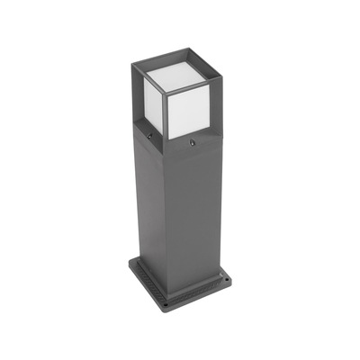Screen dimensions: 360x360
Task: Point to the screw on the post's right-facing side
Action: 192,141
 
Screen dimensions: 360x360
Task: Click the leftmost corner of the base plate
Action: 129,266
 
